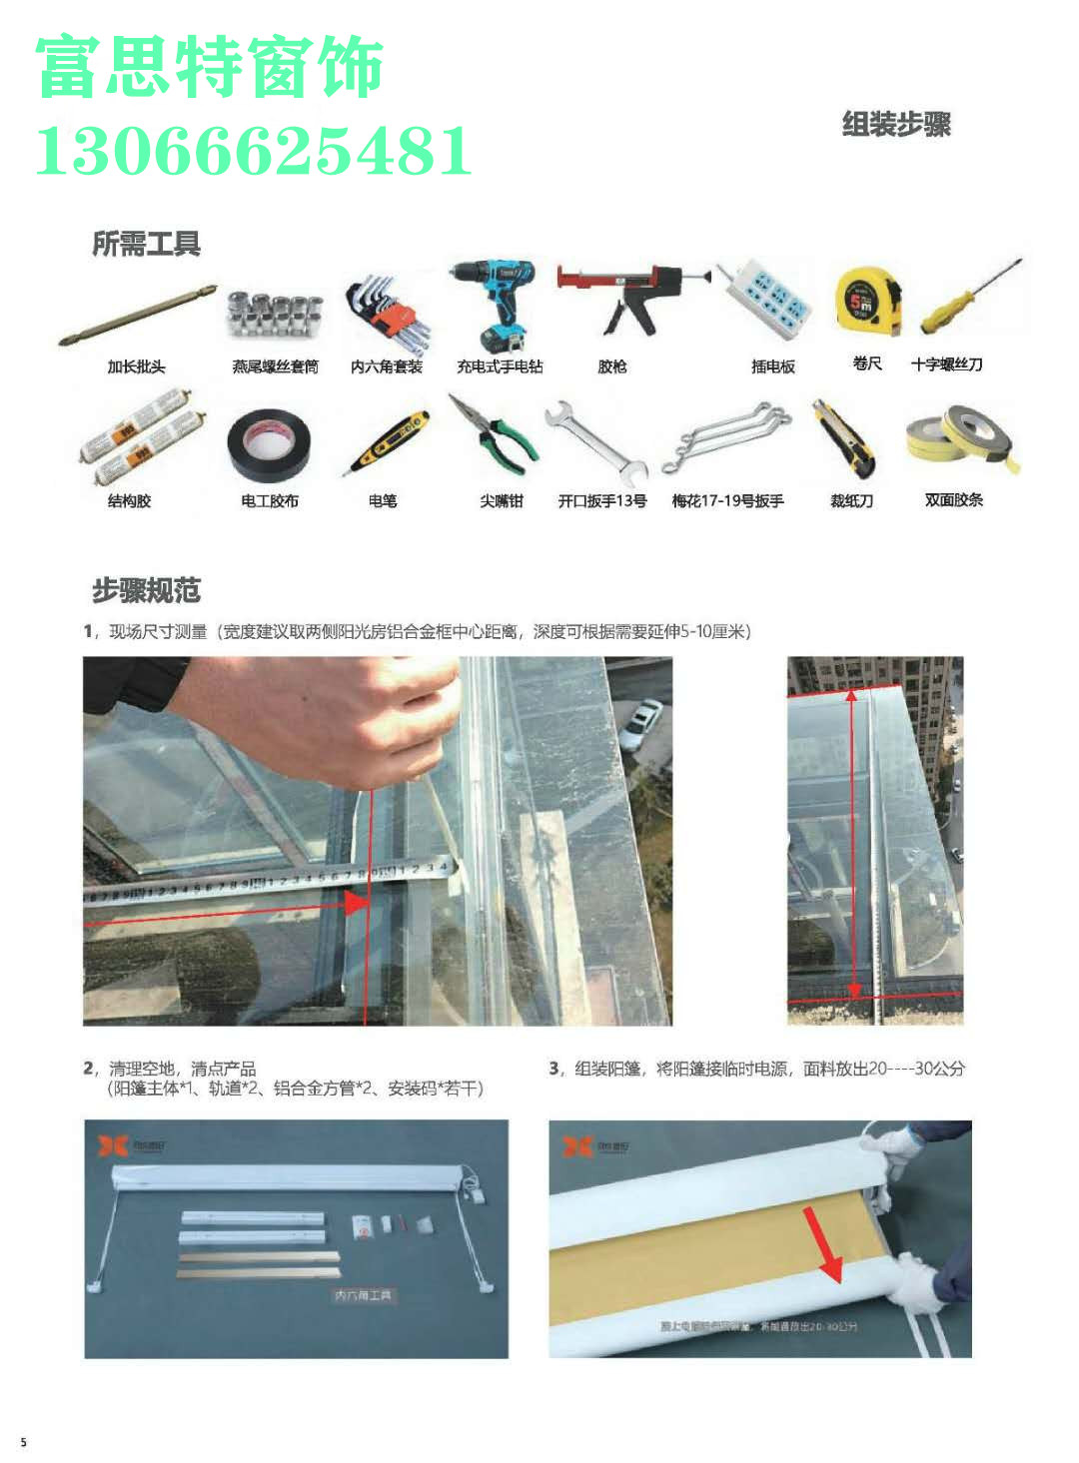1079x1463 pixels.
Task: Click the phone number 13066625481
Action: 254,152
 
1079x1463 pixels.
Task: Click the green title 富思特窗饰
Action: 210,68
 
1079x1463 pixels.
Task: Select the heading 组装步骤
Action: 896,125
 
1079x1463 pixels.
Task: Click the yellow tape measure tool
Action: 866,300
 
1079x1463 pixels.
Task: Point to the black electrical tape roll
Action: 268,446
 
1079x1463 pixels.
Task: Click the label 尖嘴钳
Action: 501,500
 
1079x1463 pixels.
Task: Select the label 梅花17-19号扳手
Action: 727,500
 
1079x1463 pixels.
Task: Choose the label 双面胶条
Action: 953,499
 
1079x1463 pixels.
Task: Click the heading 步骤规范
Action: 147,591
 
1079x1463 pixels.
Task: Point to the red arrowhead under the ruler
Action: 355,903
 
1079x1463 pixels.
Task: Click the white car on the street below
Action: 640,724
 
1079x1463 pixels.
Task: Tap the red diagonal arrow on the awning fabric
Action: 823,1243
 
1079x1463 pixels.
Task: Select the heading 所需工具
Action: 147,244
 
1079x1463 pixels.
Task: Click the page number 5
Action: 24,1442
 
